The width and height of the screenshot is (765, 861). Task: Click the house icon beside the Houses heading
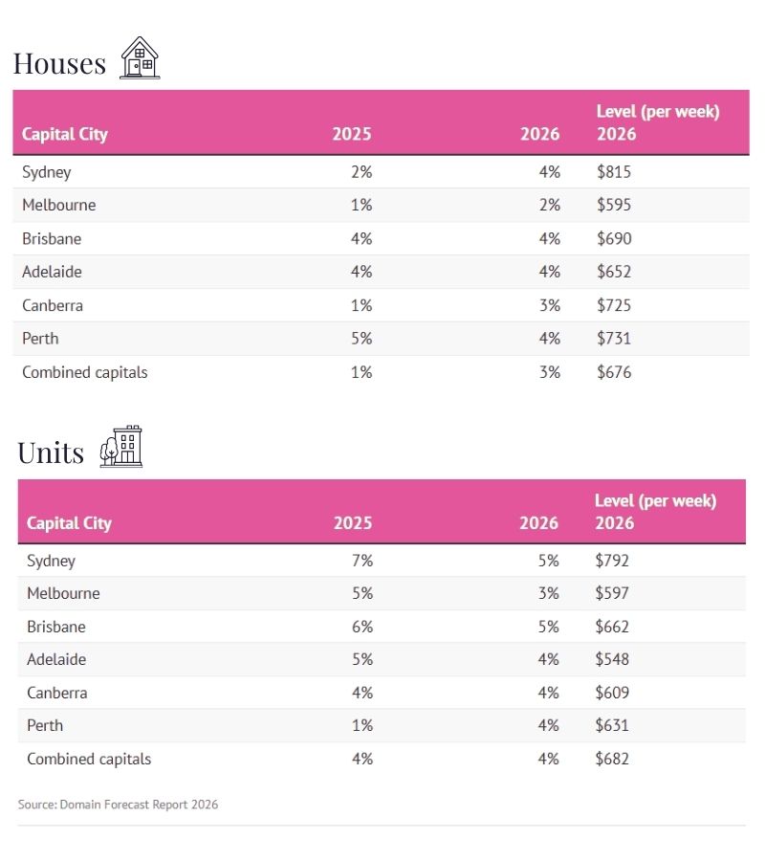[140, 58]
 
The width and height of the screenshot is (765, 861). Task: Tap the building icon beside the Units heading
[121, 447]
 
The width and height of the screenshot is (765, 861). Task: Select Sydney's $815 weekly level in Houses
[614, 172]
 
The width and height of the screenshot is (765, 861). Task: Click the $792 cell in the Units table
[612, 561]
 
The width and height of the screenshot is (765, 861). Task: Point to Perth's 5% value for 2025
[361, 338]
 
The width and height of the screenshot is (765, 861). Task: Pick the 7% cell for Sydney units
[361, 561]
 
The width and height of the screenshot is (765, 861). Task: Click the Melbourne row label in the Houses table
[59, 205]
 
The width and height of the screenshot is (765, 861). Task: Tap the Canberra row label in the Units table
[56, 693]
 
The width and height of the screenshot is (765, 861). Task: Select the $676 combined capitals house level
[614, 372]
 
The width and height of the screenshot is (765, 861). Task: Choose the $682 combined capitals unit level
[612, 759]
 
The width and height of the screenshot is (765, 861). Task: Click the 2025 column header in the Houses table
[351, 134]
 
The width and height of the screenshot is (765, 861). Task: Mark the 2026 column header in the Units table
[538, 522]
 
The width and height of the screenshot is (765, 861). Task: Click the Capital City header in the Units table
[69, 522]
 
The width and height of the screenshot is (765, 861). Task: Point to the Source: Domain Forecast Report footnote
[118, 805]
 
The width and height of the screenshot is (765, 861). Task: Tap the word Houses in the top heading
[59, 63]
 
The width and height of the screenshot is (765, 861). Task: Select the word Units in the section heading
[51, 452]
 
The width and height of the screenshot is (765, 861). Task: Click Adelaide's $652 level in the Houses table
[614, 272]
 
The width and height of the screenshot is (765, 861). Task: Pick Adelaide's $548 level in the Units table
[612, 659]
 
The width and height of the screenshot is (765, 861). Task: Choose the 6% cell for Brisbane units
[361, 627]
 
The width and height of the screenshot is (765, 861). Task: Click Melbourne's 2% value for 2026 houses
[549, 205]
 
